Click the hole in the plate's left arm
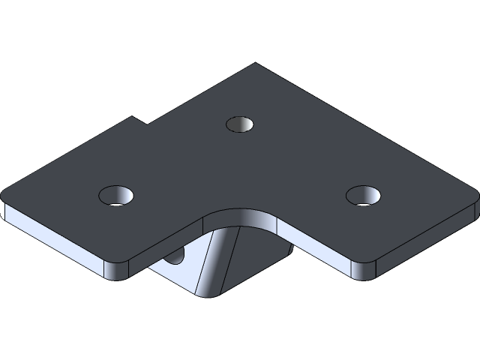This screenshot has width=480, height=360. click(117, 195)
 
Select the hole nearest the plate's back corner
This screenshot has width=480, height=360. click(240, 123)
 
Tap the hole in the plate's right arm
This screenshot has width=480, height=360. click(364, 195)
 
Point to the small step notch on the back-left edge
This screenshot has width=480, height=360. click(139, 120)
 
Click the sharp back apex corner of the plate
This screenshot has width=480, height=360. click(255, 64)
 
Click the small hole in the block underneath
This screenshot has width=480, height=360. click(177, 257)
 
